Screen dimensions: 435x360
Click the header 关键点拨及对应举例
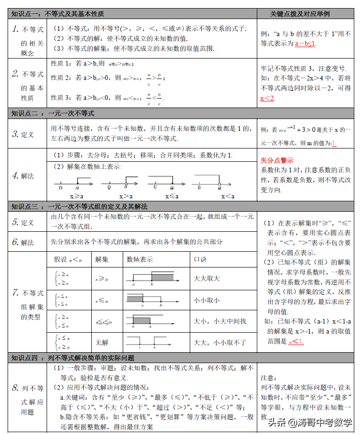point(306,14)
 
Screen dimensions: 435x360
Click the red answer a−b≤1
point(305,44)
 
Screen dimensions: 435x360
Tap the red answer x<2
point(267,98)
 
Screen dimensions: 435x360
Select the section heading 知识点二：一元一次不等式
point(53,113)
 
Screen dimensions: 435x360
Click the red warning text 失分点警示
point(277,160)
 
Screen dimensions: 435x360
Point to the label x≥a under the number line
point(76,196)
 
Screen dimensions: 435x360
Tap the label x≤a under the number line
point(172,196)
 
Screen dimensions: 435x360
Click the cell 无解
point(102,342)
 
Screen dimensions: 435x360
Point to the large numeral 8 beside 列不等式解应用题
point(15,387)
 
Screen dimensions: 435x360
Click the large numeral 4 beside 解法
point(15,175)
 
